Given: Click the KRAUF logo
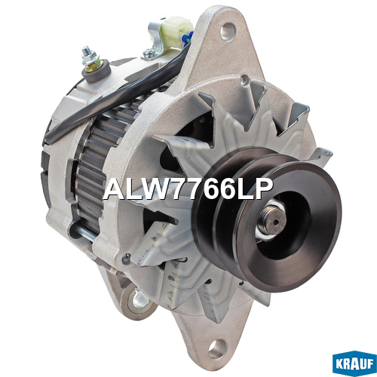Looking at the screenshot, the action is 354,363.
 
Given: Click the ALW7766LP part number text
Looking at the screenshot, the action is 188,189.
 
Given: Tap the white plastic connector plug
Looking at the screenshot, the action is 176,32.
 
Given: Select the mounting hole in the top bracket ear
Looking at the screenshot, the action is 228,32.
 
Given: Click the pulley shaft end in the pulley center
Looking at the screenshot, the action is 273,222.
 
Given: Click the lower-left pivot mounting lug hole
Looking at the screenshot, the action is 139,300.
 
